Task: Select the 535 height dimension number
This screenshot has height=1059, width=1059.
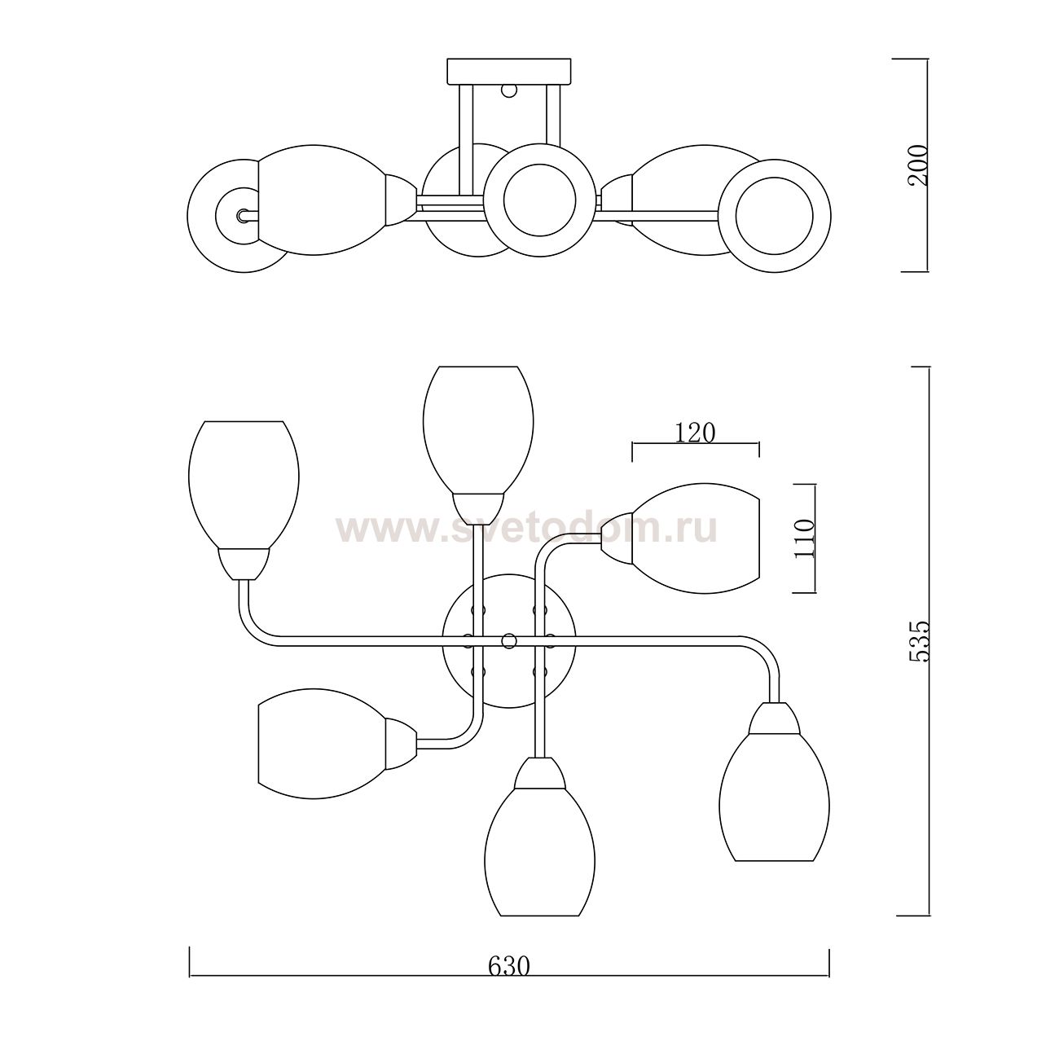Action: (x=918, y=641)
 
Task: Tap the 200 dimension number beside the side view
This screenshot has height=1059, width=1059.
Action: (x=917, y=165)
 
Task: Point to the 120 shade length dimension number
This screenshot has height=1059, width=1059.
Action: (x=695, y=433)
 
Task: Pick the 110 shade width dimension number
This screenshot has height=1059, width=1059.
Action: (x=804, y=538)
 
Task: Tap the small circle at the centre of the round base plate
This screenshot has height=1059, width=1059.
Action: (x=509, y=640)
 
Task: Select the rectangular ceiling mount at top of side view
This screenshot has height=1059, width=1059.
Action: (x=509, y=72)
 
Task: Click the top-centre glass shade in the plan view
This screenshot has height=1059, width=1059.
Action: (x=478, y=430)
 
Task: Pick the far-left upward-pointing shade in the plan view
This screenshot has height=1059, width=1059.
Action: (x=244, y=485)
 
